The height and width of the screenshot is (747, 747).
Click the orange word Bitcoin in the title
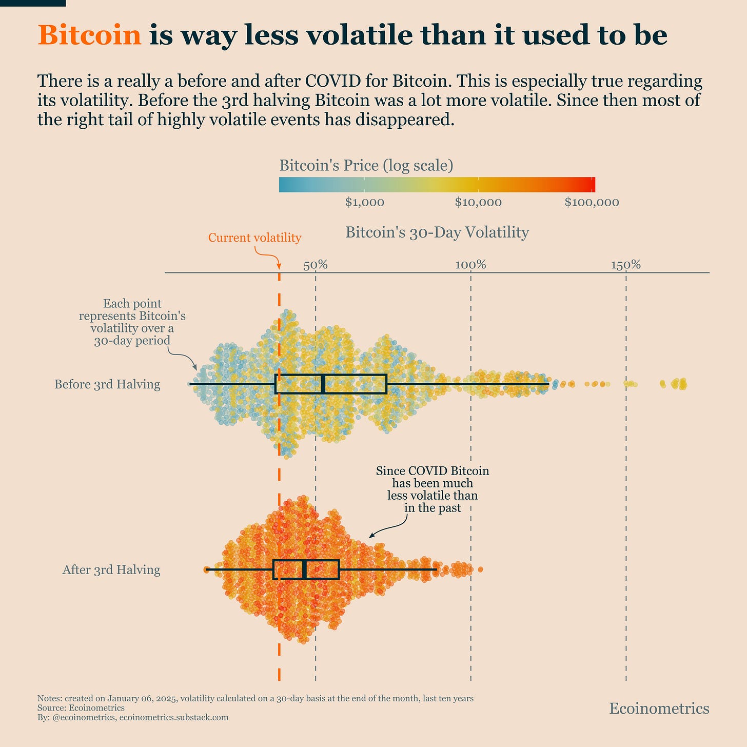pyautogui.click(x=89, y=35)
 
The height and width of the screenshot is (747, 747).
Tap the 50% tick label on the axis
pyautogui.click(x=316, y=265)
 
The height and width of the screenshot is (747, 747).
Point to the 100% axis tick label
pyautogui.click(x=470, y=265)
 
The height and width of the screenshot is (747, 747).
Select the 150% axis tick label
pyautogui.click(x=626, y=265)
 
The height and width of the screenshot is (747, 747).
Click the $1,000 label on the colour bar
pyautogui.click(x=364, y=202)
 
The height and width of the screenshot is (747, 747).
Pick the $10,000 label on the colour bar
pyautogui.click(x=478, y=202)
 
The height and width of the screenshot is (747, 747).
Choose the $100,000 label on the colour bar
pyautogui.click(x=592, y=202)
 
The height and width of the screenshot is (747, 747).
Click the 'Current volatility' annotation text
pyautogui.click(x=254, y=238)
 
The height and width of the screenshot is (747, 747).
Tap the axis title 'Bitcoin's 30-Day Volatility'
pyautogui.click(x=437, y=232)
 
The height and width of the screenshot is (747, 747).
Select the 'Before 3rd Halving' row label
pyautogui.click(x=107, y=384)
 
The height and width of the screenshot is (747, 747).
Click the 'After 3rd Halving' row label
pyautogui.click(x=111, y=570)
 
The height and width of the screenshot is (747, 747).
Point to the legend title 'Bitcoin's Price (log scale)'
pyautogui.click(x=366, y=166)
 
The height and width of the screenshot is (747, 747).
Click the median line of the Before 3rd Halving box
pyautogui.click(x=323, y=384)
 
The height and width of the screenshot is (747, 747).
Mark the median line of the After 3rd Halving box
pyautogui.click(x=304, y=570)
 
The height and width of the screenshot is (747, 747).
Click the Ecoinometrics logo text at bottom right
pyautogui.click(x=659, y=709)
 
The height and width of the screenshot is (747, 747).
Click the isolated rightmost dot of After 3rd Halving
pyautogui.click(x=480, y=569)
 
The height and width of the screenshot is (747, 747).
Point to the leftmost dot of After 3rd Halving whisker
pyautogui.click(x=207, y=569)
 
